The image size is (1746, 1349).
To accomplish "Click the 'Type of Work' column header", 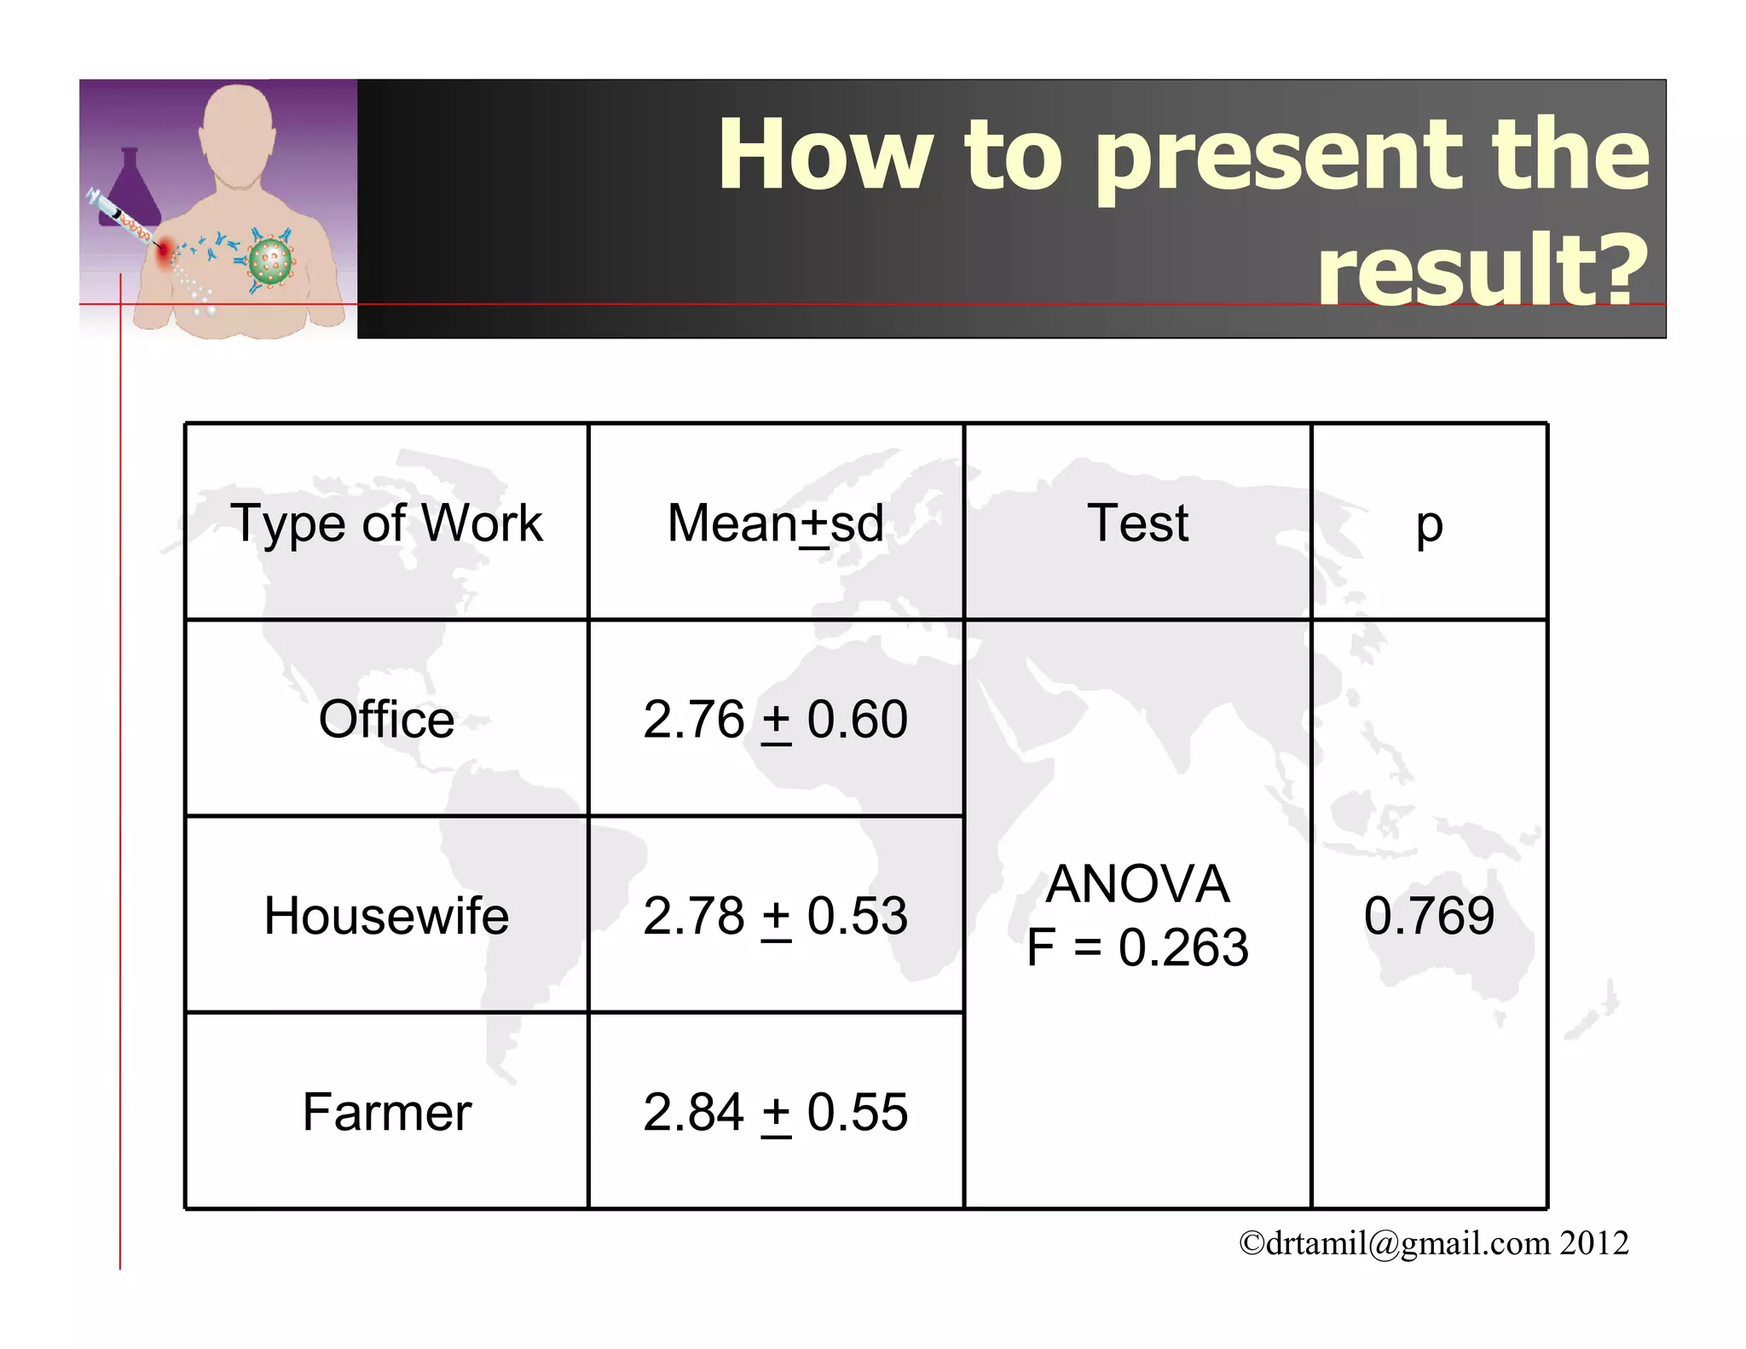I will coord(386,523).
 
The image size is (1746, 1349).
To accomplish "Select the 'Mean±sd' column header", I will coord(775,523).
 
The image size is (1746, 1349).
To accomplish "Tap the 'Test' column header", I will coord(1137,523).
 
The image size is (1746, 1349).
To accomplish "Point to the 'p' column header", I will coord(1429,524).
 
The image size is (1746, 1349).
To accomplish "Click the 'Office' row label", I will coord(386,719).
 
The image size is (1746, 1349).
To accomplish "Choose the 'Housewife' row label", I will coord(386,916).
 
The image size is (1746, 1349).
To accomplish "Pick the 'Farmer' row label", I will coord(386,1112).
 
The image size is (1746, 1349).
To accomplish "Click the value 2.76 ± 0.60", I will coord(775,719).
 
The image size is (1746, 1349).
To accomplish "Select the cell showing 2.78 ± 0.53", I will coord(775,916).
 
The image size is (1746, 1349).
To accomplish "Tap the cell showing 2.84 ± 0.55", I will coord(775,1112).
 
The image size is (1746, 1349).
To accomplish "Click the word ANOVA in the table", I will coord(1137,883).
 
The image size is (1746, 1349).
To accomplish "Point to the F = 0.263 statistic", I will coord(1137,947).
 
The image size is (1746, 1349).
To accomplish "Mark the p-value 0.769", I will coord(1429,916).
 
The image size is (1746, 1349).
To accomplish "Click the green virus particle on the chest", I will coord(270,261).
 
